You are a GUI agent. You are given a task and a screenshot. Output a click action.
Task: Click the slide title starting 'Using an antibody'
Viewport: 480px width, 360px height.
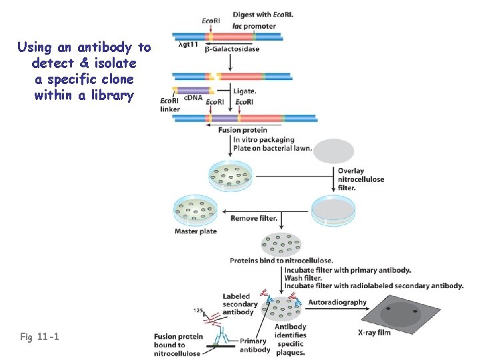coord(84,71)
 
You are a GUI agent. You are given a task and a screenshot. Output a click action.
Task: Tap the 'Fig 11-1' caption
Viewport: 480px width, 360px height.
coord(40,337)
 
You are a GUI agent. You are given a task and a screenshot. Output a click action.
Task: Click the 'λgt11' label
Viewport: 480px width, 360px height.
coord(189,45)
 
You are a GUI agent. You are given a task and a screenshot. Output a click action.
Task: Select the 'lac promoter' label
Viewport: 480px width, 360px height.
coord(253,26)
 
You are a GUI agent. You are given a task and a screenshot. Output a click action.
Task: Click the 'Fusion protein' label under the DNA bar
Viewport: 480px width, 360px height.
coord(243,130)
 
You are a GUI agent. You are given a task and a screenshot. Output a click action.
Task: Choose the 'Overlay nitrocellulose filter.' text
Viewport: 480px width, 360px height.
coord(360,179)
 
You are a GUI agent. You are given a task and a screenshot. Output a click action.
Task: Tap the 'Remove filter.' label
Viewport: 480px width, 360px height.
coord(254,218)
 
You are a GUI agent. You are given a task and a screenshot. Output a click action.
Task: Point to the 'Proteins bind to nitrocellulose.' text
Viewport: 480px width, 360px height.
coord(281,260)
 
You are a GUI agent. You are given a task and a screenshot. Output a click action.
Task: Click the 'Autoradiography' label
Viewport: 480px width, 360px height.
coord(339,302)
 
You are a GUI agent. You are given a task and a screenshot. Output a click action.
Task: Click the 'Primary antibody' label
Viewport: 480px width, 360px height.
coord(253,345)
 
